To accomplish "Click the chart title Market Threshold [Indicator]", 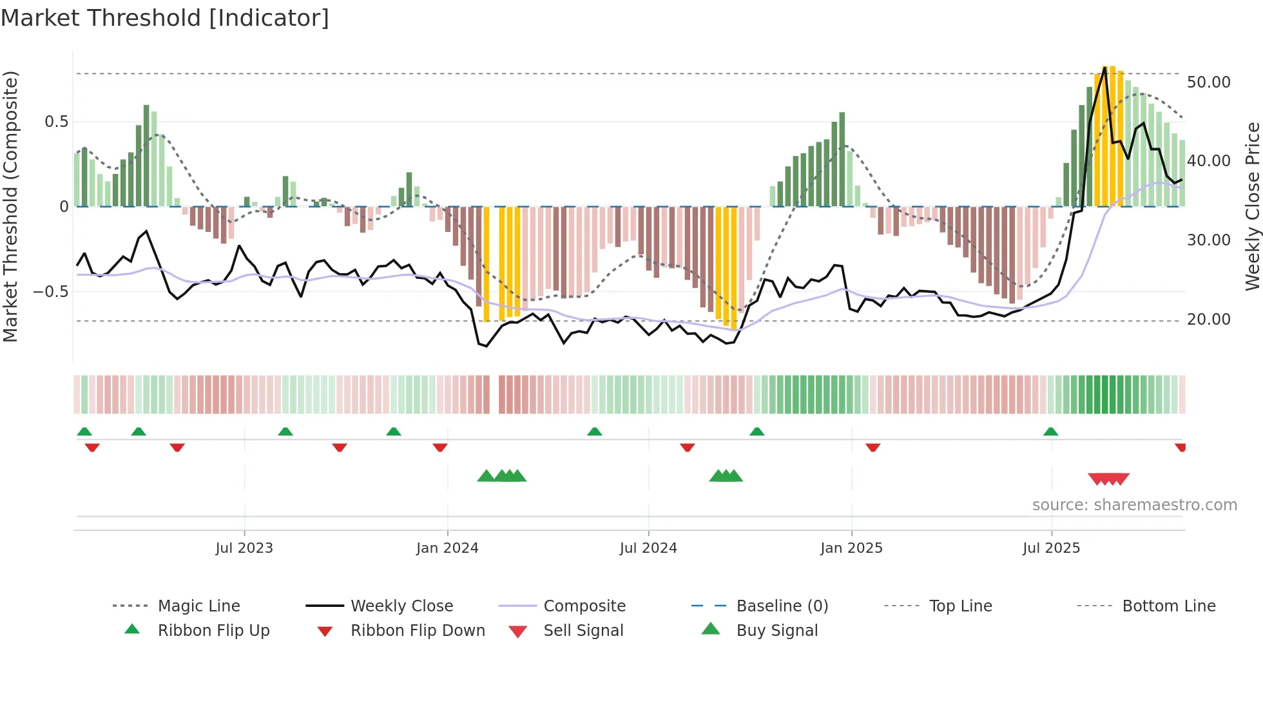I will tap(165, 18).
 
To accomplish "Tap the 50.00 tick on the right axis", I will tap(1208, 82).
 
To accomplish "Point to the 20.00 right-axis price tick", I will tap(1208, 320).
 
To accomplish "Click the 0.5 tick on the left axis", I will tap(56, 122).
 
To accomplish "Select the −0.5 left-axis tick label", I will tap(51, 292).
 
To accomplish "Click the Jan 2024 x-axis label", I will tap(447, 548).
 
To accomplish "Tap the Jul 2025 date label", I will tap(1051, 548).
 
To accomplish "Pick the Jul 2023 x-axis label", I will tap(244, 548).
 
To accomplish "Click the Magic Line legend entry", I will tap(198, 606).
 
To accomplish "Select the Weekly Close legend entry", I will tap(401, 606).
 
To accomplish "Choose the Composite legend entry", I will tap(584, 606).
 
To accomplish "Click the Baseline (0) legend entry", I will tap(782, 606).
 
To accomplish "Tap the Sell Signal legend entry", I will tap(583, 631).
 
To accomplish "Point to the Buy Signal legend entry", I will tap(776, 631).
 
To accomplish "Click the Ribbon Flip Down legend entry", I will tap(418, 631).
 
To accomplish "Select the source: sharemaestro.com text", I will tap(1134, 505).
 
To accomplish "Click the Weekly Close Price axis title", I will tap(1252, 206).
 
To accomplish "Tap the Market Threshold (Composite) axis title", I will tap(10, 206).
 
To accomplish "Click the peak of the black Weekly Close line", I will tap(1105, 68).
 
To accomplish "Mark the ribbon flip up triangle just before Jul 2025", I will tap(1050, 432).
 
